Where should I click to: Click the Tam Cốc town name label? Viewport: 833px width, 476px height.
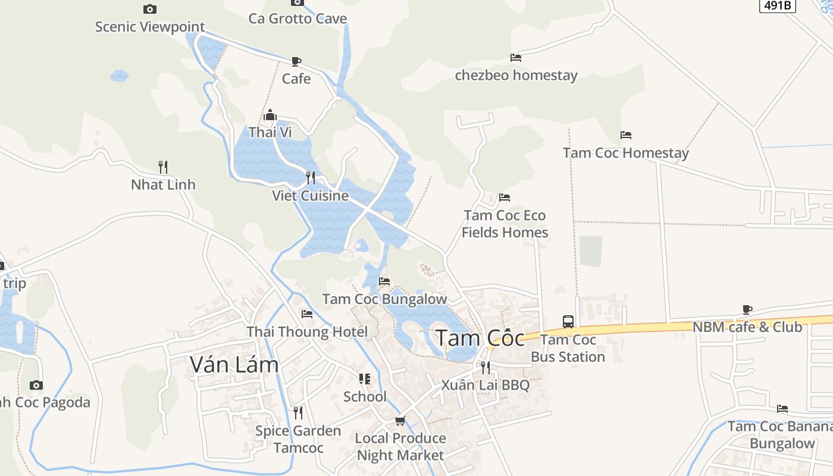(x=480, y=338)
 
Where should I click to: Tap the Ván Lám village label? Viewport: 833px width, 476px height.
(x=234, y=364)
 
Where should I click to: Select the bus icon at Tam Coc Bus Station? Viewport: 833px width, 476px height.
(x=568, y=322)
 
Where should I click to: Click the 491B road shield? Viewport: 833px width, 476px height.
(x=778, y=5)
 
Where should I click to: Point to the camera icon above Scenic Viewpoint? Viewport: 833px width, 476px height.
(x=150, y=9)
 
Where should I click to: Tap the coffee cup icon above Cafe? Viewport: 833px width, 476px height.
(x=296, y=61)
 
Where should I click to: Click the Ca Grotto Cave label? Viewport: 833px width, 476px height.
(x=297, y=18)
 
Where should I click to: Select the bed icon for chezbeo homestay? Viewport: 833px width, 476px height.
(x=516, y=58)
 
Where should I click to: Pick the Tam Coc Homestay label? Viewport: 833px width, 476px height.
(x=625, y=153)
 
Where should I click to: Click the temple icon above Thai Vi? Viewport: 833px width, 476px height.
(x=270, y=115)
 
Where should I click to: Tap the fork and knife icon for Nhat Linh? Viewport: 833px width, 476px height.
(x=163, y=167)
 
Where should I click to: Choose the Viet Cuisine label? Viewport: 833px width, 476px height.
(x=310, y=196)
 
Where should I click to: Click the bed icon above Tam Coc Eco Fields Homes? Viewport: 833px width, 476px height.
(x=505, y=198)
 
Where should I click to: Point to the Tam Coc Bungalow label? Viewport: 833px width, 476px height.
(x=384, y=299)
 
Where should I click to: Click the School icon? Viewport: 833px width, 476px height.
(x=365, y=379)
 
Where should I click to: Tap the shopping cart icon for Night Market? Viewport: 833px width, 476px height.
(x=400, y=421)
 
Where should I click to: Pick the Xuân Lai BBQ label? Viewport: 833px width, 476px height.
(x=485, y=385)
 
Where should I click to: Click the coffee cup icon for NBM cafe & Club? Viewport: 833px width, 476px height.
(x=747, y=309)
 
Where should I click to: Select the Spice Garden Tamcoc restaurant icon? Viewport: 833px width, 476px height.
(x=298, y=412)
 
